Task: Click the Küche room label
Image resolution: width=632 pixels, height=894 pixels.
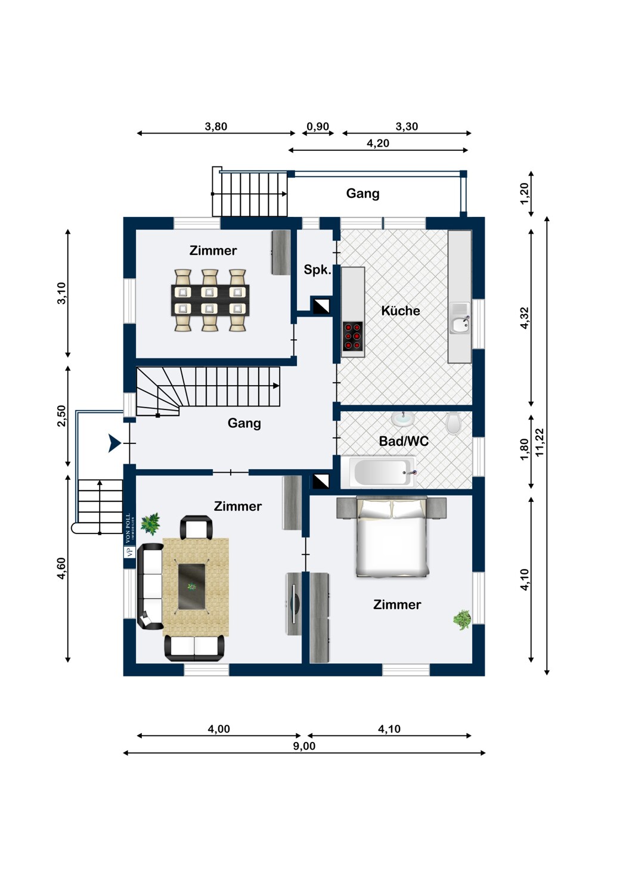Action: click(x=400, y=311)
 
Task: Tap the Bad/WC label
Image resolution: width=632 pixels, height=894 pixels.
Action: click(x=404, y=441)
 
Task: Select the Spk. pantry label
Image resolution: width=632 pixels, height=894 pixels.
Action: click(x=317, y=269)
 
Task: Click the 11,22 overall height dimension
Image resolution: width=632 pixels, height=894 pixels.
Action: click(x=540, y=442)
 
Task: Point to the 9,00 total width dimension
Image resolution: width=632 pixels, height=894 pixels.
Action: click(x=304, y=746)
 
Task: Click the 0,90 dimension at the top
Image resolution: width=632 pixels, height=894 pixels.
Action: click(x=318, y=126)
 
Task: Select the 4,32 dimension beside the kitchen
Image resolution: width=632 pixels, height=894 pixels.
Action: click(x=525, y=318)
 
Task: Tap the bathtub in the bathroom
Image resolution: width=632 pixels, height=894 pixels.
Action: click(x=380, y=472)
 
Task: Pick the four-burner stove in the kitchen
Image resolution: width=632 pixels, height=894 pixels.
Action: click(x=352, y=337)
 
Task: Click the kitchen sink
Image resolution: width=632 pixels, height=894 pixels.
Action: click(x=459, y=325)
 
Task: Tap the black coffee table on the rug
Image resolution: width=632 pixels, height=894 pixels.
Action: click(x=192, y=586)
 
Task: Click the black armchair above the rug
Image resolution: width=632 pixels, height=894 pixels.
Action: click(x=196, y=527)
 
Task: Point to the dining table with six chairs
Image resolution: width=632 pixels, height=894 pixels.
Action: click(x=210, y=300)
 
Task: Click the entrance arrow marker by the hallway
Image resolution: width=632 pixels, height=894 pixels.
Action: click(x=114, y=443)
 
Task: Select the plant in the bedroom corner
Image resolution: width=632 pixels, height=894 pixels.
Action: click(x=461, y=620)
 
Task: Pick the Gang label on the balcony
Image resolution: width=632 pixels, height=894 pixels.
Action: click(x=363, y=193)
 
